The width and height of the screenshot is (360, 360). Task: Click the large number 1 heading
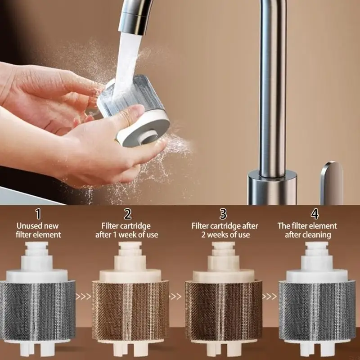click(x=38, y=214)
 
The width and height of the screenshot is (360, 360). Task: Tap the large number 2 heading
click(x=128, y=214)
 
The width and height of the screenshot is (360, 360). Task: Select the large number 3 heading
click(x=223, y=214)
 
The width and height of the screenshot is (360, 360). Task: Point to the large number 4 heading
click(x=315, y=214)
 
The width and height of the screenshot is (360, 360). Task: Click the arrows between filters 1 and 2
click(x=83, y=297)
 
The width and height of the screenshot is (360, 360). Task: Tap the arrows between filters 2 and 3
click(x=175, y=297)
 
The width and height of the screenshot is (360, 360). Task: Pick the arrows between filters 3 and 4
click(x=270, y=297)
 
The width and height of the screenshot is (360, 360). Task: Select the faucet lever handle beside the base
click(x=332, y=183)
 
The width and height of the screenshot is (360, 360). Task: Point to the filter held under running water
click(x=134, y=110)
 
